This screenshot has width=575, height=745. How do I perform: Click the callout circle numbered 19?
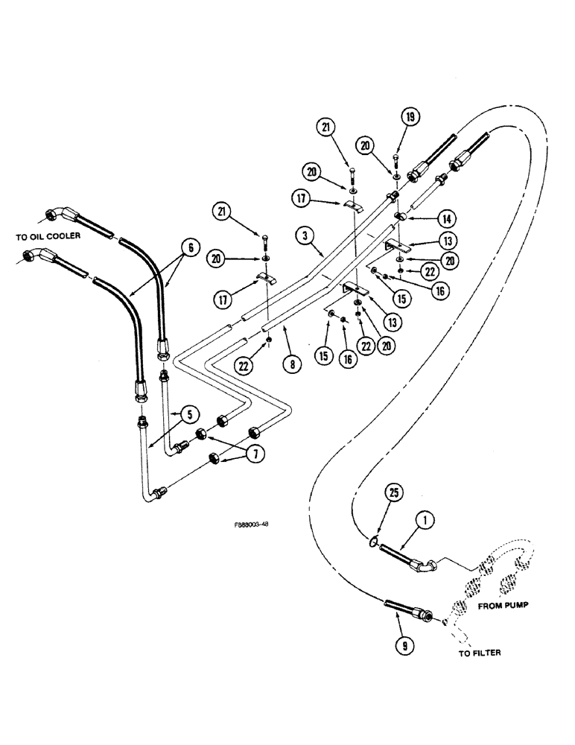coord(409,116)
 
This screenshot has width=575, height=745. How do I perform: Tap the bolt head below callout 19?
coord(395,159)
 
